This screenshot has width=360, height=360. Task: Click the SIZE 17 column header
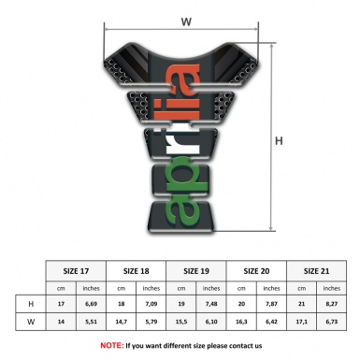(x=78, y=269)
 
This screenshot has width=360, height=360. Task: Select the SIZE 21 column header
(x=316, y=269)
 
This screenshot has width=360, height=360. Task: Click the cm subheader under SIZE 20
(x=241, y=287)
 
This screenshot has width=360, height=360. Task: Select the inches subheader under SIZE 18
(x=151, y=287)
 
